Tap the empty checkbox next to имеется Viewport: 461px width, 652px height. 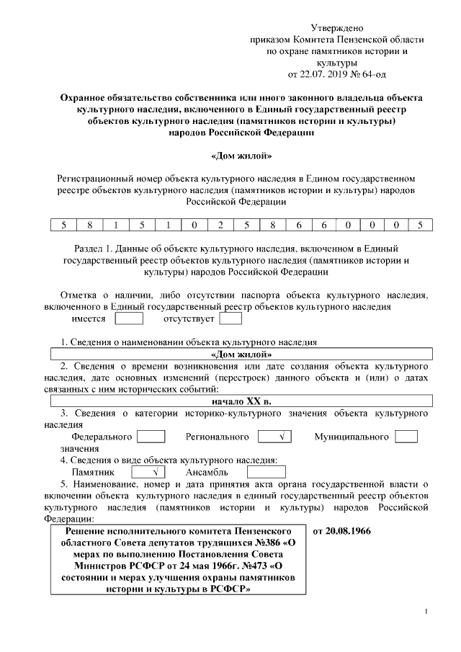tap(130, 318)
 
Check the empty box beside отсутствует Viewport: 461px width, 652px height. tap(230, 318)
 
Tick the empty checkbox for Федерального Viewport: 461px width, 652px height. tap(151, 437)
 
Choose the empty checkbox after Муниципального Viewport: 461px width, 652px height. tap(407, 437)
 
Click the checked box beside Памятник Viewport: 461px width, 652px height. tap(151, 472)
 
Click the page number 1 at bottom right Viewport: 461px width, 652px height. tap(426, 612)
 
